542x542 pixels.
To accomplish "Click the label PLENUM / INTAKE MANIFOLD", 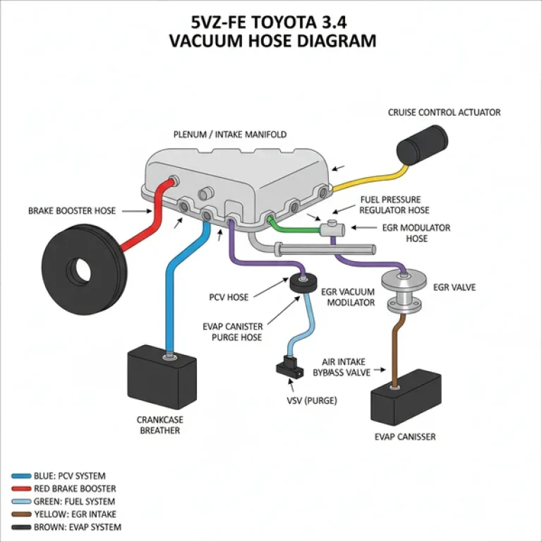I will pos(230,134).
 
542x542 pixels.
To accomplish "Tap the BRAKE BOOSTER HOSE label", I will pos(71,210).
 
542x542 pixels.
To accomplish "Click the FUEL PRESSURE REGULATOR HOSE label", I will pos(395,205).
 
